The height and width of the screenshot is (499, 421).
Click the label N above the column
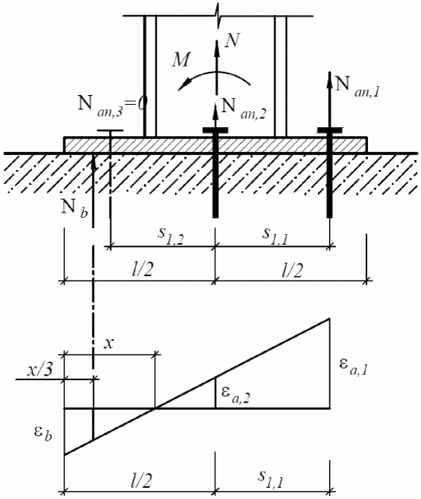232,40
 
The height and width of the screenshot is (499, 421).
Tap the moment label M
182,60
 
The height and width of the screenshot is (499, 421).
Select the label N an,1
357,87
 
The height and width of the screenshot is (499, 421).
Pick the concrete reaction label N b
74,209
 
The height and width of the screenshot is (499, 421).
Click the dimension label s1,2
170,236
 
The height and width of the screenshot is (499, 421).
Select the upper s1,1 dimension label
275,236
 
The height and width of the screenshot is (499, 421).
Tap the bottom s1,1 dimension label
271,479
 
